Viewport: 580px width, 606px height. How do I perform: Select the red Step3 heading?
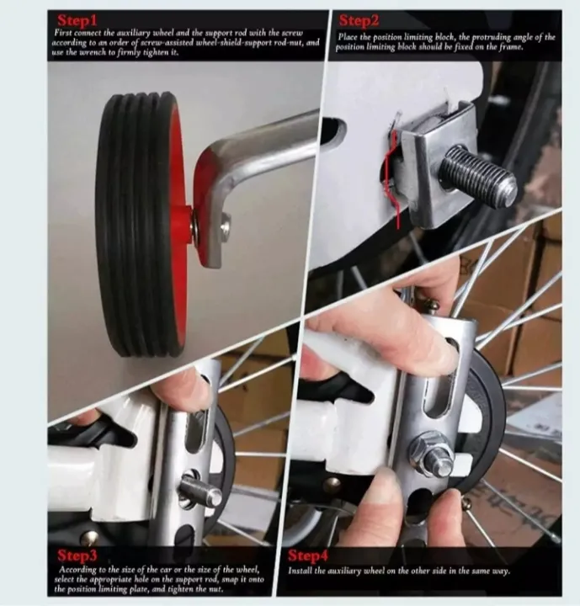[x=79, y=555]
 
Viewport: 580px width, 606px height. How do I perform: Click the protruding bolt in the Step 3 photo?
[x=200, y=491]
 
